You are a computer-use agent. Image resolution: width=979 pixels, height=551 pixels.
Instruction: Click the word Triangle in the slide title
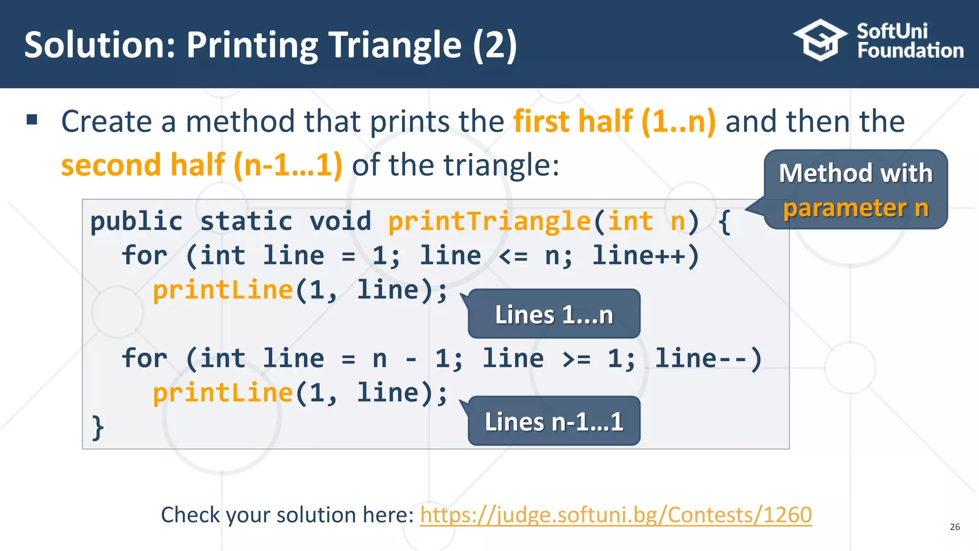coord(395,45)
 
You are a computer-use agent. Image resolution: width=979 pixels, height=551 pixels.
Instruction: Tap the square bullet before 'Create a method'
coord(32,120)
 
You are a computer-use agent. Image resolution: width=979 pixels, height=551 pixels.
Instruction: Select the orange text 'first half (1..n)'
coord(615,121)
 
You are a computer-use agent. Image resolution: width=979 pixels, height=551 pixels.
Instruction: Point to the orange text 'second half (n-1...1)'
coord(202,165)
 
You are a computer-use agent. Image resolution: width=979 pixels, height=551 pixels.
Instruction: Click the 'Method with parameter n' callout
coord(855,190)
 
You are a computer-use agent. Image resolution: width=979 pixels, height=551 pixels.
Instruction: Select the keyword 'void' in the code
coord(340,221)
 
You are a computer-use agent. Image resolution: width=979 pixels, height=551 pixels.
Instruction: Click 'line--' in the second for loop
coord(701,358)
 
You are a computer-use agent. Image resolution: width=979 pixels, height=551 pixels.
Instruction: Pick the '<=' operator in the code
coord(513,256)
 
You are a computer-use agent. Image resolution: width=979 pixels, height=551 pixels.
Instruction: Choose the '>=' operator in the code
coord(576,359)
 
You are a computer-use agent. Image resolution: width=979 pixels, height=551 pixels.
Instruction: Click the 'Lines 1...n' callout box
coord(554,314)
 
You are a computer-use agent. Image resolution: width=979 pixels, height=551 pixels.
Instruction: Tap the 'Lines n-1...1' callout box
coord(554,421)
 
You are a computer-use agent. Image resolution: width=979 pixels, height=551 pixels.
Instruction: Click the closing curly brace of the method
coord(98,427)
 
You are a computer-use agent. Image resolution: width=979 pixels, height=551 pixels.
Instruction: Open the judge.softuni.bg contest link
coord(616,515)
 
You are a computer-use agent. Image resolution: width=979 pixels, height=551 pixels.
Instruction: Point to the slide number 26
coord(955,527)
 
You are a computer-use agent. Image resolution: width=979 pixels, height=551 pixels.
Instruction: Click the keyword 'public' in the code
coord(137,221)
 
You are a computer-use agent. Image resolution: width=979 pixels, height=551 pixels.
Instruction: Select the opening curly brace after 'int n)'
coord(725,221)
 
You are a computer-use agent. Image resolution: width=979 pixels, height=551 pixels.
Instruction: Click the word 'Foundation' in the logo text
coord(910,51)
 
